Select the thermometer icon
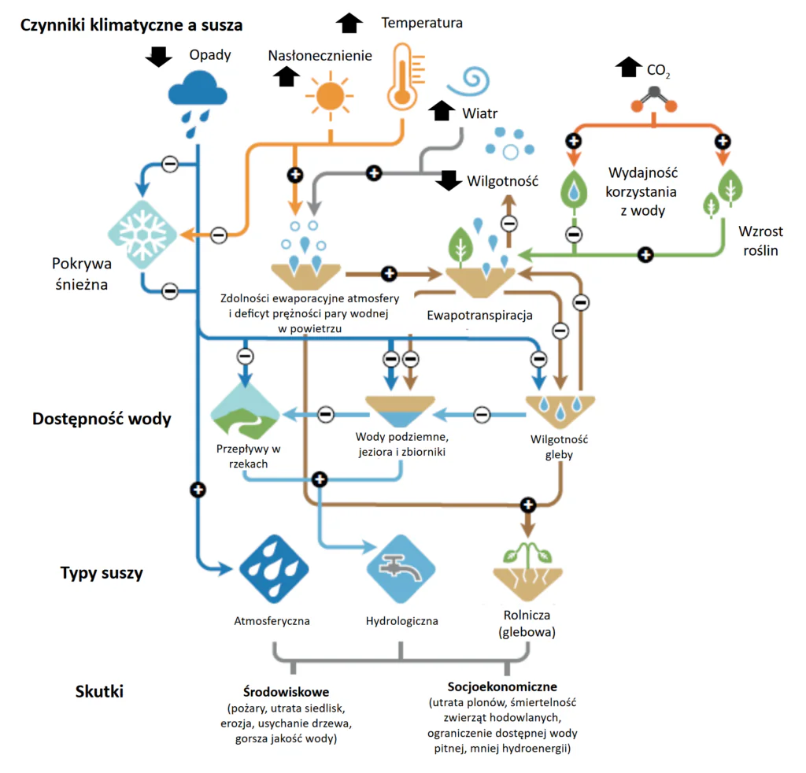click(401, 76)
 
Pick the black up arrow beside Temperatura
click(349, 23)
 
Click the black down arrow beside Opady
click(160, 56)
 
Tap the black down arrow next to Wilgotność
click(449, 180)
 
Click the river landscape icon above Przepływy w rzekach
click(246, 412)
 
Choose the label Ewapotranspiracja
click(480, 316)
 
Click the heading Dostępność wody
click(102, 419)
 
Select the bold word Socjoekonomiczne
click(503, 686)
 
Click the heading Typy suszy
click(102, 572)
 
